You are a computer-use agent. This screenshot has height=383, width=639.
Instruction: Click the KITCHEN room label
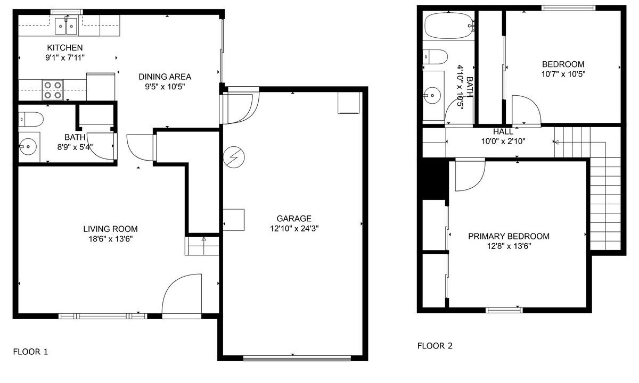tap(65, 47)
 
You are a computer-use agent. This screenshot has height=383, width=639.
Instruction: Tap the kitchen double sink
tap(66, 26)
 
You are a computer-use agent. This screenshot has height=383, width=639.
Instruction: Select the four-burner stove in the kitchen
tap(53, 90)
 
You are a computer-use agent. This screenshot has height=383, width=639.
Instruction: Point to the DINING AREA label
tap(165, 77)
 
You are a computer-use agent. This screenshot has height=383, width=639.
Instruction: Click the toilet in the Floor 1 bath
tap(31, 119)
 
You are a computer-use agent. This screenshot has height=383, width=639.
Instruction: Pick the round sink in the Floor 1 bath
tap(28, 147)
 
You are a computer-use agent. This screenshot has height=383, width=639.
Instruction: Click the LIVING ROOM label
tap(110, 229)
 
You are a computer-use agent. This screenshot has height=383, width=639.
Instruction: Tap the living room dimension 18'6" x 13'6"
tap(110, 239)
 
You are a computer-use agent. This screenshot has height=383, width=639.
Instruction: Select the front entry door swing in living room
tap(182, 296)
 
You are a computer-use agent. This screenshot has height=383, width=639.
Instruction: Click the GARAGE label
tap(294, 219)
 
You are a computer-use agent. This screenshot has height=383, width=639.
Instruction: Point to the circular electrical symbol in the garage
tap(234, 157)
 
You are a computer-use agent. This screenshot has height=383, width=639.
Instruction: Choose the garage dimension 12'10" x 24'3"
tap(294, 229)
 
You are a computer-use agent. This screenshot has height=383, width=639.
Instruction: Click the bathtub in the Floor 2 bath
tap(448, 26)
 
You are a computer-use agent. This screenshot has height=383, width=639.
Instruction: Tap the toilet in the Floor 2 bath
tap(435, 57)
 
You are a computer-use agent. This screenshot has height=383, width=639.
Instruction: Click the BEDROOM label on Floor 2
tap(563, 64)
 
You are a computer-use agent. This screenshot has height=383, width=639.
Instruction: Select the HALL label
tap(503, 132)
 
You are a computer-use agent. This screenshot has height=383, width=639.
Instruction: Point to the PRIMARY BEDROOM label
tap(509, 236)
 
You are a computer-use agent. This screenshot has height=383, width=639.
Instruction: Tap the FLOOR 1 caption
tap(30, 352)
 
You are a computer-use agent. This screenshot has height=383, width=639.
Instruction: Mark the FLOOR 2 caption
tap(435, 346)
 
